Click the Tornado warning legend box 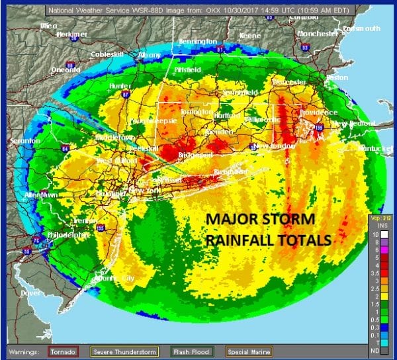[x=63, y=351]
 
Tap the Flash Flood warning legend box [x=191, y=351]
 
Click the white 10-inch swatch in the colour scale [x=376, y=235]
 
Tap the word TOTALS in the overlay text [x=299, y=240]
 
